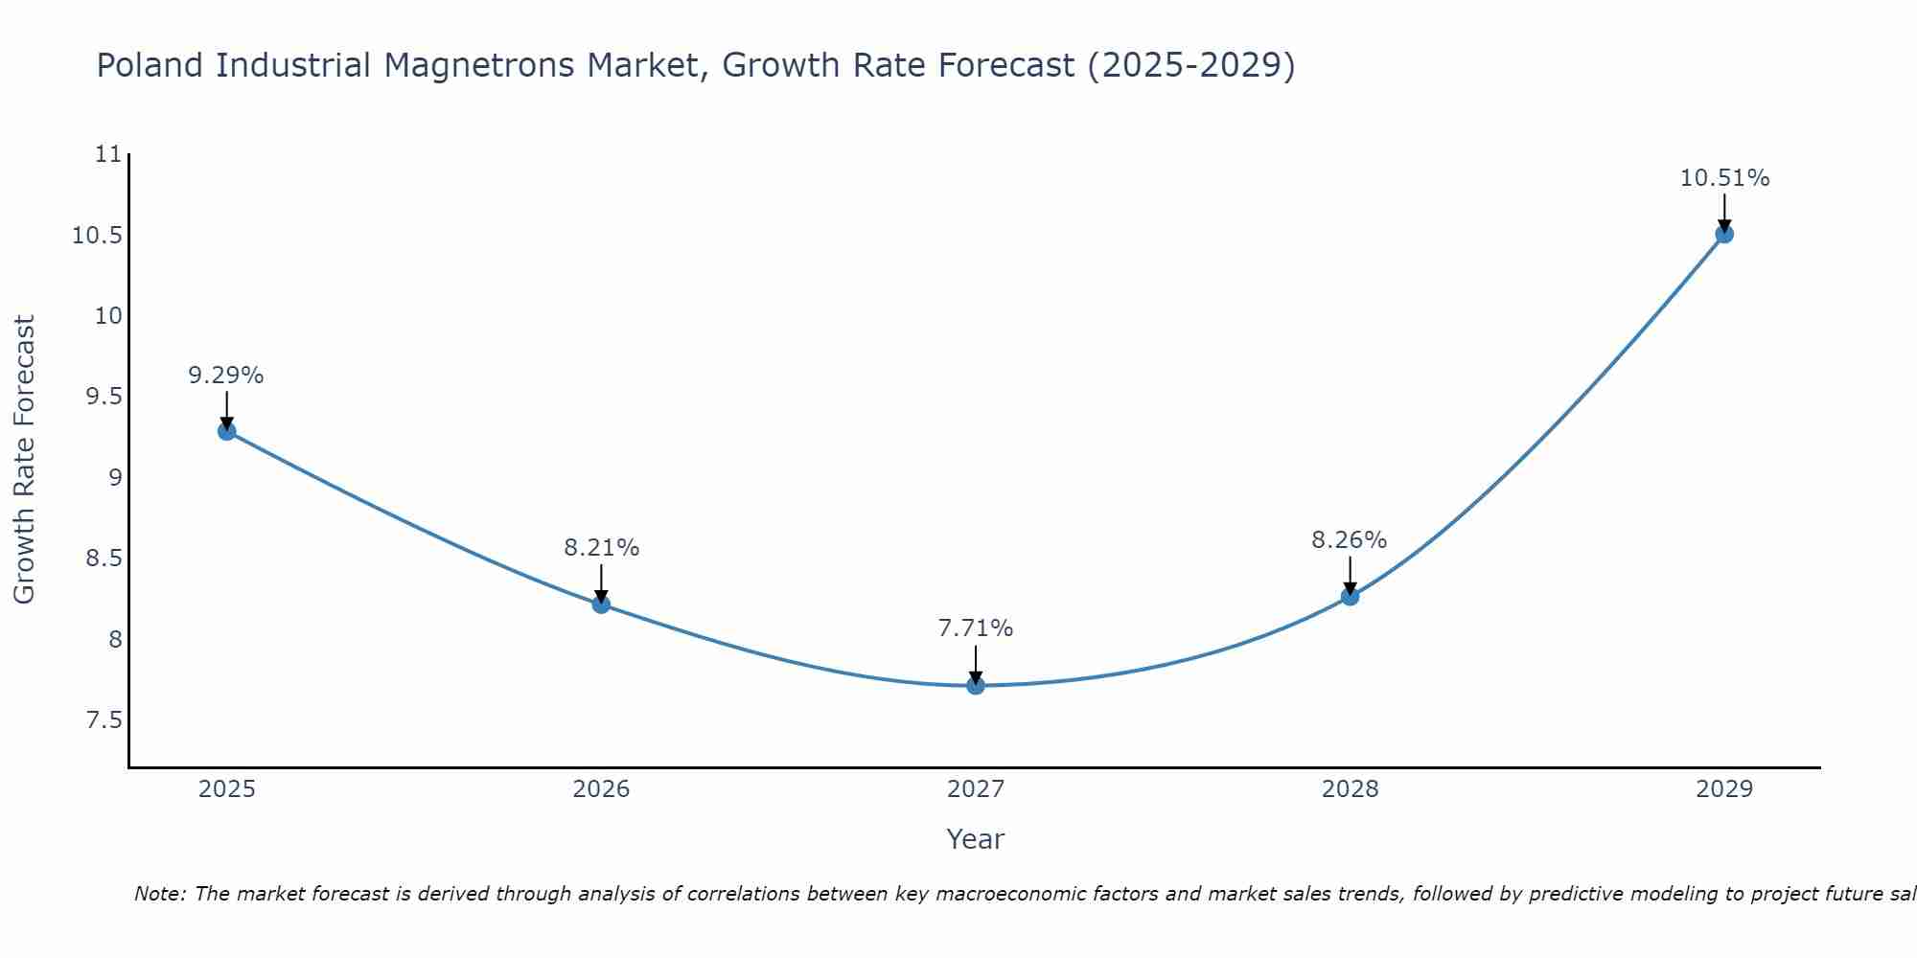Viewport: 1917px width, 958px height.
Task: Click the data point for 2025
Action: [226, 431]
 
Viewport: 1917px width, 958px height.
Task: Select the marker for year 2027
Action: [976, 685]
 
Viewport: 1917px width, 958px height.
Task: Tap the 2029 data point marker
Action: [1724, 234]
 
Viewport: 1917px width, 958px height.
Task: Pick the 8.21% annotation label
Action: [601, 548]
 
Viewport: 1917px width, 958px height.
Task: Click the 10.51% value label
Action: [1724, 178]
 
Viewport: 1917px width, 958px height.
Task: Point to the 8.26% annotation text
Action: [1349, 540]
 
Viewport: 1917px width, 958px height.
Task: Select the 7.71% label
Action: [975, 628]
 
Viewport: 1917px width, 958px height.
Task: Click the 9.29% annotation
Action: [225, 376]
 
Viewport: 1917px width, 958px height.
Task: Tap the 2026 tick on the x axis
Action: [601, 789]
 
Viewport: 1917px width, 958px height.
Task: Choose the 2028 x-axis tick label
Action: [1350, 789]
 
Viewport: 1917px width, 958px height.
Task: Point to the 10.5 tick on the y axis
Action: [97, 236]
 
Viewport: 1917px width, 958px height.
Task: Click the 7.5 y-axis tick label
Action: [104, 720]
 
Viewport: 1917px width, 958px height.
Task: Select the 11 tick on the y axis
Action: [109, 154]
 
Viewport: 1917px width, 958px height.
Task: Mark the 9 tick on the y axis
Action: [116, 478]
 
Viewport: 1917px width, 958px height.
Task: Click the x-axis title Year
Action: [975, 839]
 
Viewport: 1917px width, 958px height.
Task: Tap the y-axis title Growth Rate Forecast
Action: [24, 460]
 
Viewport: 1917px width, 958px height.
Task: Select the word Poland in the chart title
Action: [150, 65]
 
